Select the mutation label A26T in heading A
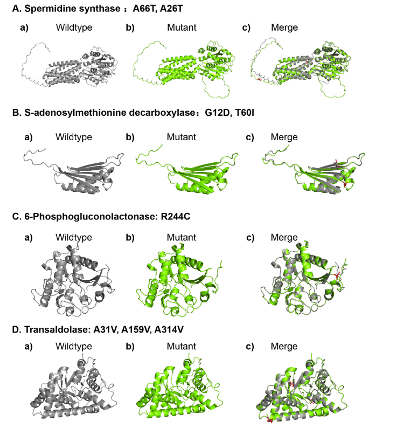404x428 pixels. click(x=171, y=9)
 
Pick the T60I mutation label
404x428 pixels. click(x=245, y=113)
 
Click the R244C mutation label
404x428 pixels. click(x=176, y=217)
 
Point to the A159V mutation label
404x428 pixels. click(x=136, y=329)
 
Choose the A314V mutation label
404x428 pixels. click(x=169, y=329)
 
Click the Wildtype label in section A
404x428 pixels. click(x=74, y=27)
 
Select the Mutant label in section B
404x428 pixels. click(x=182, y=137)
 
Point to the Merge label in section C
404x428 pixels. click(x=284, y=238)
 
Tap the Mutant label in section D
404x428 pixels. click(x=182, y=347)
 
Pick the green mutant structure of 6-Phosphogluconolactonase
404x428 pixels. click(x=179, y=281)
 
